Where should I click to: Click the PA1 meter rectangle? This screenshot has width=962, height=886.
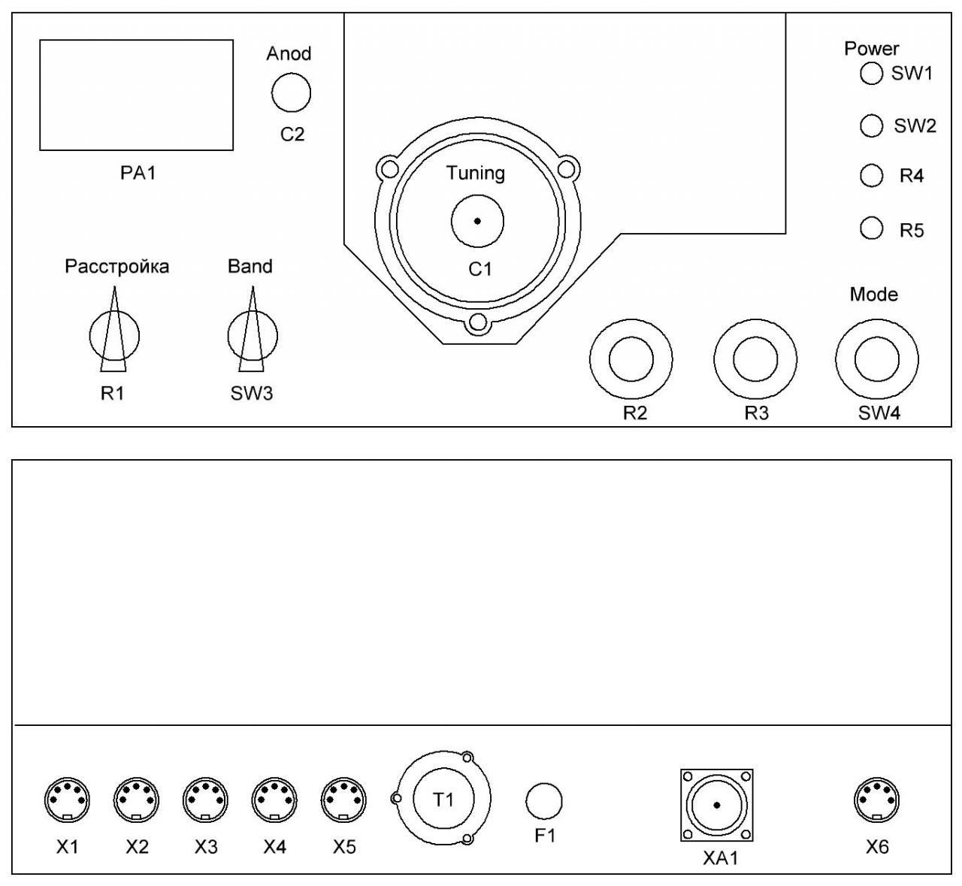[x=136, y=95]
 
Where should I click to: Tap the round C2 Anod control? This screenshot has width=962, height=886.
[x=291, y=93]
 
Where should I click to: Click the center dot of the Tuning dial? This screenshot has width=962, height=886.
[x=477, y=221]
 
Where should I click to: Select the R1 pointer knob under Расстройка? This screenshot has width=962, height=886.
[x=113, y=335]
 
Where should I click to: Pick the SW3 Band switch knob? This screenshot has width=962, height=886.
[x=252, y=335]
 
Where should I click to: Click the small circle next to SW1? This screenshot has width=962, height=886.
[x=871, y=74]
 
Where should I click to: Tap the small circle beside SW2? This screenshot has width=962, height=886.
[x=871, y=125]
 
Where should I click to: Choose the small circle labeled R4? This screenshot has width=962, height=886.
[x=871, y=176]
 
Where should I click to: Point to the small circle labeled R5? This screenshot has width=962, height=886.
[x=871, y=228]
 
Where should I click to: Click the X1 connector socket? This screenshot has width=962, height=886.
[x=68, y=800]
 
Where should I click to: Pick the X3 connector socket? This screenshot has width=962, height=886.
[x=206, y=800]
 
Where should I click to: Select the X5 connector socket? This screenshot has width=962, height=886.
[x=343, y=800]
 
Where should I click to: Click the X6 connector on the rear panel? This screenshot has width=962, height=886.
[x=877, y=800]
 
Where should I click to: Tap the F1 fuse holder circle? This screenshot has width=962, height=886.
[x=544, y=800]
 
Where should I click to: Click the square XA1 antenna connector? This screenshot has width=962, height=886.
[x=717, y=805]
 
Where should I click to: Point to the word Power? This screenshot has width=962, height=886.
[x=871, y=48]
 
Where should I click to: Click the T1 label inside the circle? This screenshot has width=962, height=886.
[x=443, y=799]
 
